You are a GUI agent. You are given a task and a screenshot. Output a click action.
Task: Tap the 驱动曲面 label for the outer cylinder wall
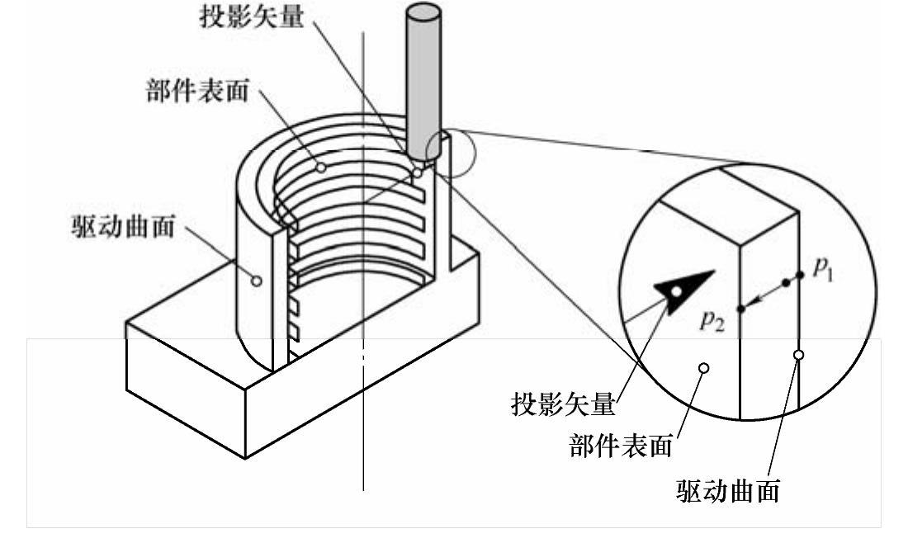(122, 227)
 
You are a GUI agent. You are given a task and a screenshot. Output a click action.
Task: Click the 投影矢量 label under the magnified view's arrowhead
(564, 404)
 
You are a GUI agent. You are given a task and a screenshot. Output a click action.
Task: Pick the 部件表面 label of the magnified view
(620, 446)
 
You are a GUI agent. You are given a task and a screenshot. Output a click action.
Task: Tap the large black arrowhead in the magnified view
(683, 288)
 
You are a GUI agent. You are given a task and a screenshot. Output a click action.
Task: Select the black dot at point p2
(740, 309)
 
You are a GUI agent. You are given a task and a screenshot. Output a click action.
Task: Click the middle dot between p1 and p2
(786, 283)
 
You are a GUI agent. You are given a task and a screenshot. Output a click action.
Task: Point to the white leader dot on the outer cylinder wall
(256, 281)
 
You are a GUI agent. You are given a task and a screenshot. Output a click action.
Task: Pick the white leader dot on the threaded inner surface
(321, 168)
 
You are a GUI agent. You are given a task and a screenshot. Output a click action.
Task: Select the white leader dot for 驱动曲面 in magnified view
(798, 355)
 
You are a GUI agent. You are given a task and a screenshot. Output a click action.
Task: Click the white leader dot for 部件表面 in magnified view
(703, 369)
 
